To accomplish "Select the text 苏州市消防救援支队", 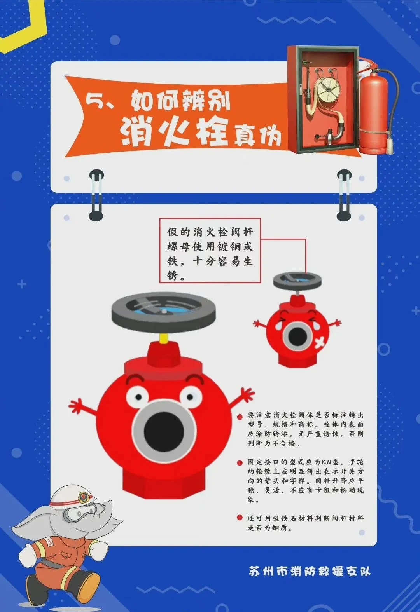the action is coord(310,570).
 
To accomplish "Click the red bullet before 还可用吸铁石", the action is coord(240,518).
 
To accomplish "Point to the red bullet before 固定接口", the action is coord(240,462).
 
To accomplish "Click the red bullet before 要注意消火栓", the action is coord(240,417).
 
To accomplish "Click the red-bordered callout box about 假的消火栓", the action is coord(210,250).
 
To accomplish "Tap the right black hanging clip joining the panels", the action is coord(344,195).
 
